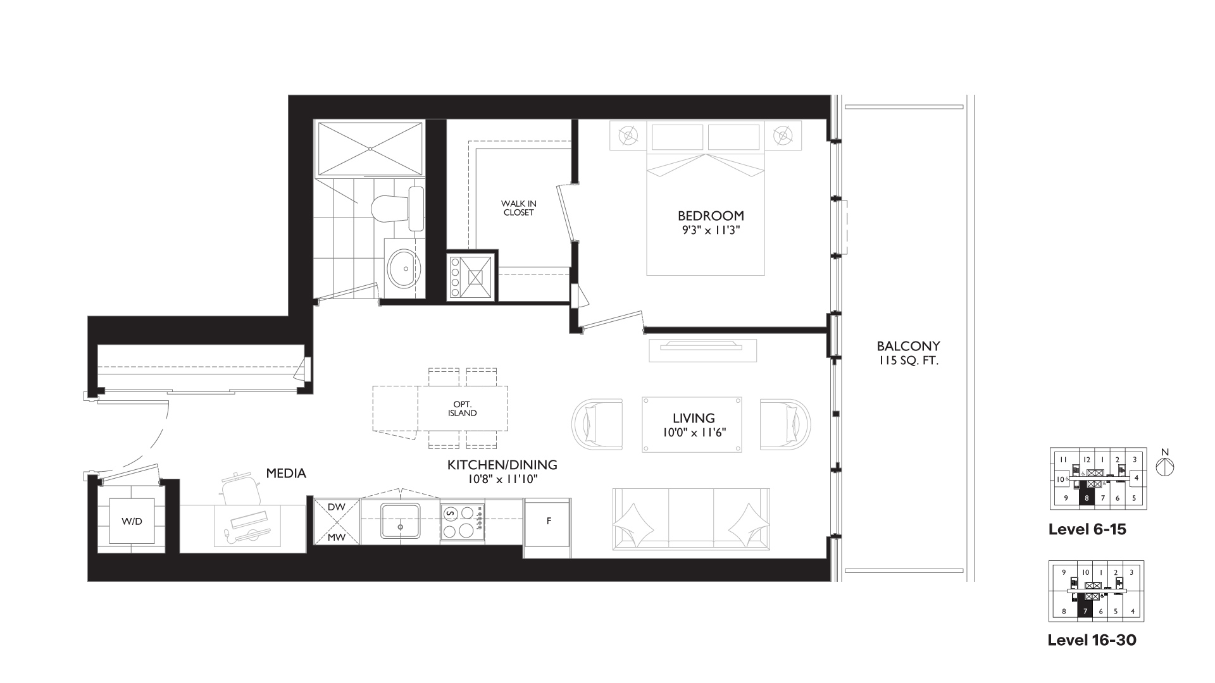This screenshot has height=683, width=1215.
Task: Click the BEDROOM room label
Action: (711, 216)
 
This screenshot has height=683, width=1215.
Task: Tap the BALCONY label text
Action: (908, 347)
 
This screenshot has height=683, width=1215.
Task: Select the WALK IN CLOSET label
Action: (518, 208)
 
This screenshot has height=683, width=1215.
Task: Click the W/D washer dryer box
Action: (132, 521)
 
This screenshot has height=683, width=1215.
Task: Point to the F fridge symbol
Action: (548, 521)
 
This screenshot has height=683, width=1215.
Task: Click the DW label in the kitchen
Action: (337, 507)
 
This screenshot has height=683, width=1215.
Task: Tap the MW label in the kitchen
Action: (337, 538)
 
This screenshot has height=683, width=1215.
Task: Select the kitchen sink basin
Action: (400, 521)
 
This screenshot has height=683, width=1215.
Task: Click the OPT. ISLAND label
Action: (463, 409)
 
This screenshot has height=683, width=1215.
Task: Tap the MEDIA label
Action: (286, 473)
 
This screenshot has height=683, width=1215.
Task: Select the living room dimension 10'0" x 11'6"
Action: (694, 433)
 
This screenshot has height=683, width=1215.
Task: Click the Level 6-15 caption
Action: (1087, 529)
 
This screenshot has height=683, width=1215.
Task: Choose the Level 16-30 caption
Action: (1092, 640)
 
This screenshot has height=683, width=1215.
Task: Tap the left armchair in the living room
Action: (597, 424)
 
